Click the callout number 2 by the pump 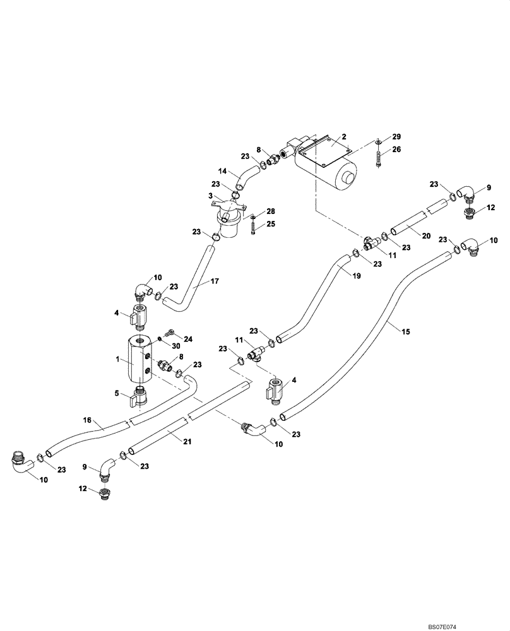[344, 136]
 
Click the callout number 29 [396, 137]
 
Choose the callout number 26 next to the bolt [396, 150]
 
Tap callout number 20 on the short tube [425, 235]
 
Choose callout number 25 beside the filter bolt [270, 223]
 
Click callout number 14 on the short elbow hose [222, 171]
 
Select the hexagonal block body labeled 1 [138, 362]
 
